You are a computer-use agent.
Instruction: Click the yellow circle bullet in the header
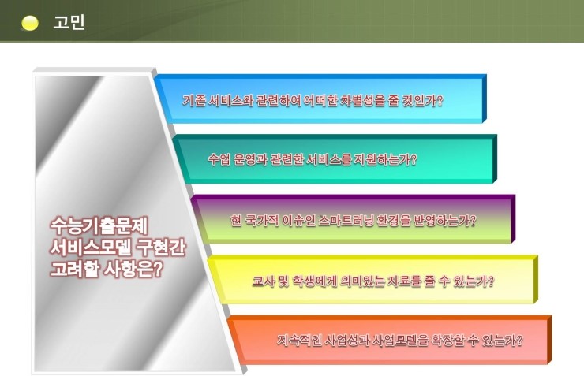tap(30, 23)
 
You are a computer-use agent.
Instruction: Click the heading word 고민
tap(69, 22)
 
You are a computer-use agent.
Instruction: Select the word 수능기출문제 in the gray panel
tap(99, 225)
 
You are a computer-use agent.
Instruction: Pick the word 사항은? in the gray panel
tap(133, 269)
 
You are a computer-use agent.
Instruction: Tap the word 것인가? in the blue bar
tap(423, 100)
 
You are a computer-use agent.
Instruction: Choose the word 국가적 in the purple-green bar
tap(262, 221)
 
